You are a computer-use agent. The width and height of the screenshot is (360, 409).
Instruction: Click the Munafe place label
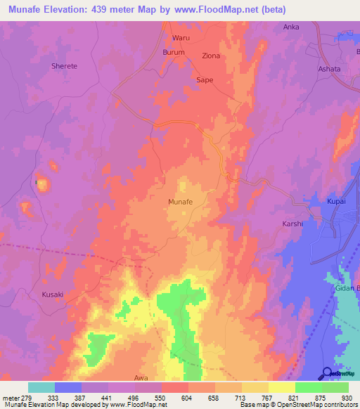pos(180,202)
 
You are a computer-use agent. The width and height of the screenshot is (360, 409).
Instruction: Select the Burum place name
pos(174,52)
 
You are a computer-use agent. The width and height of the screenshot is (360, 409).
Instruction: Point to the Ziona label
pos(210,56)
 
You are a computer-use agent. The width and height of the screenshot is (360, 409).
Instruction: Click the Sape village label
pos(204,80)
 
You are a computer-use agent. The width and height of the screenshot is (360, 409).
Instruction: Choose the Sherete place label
pos(64,66)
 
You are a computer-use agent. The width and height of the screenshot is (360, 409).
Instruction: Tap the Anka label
pos(290,27)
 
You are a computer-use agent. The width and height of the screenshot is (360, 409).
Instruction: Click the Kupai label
pos(336,202)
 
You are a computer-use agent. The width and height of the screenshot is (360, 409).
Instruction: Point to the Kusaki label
pos(53,294)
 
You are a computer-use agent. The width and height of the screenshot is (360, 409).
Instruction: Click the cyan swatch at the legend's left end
pos(41,387)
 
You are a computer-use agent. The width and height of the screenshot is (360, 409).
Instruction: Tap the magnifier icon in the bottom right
pos(327,374)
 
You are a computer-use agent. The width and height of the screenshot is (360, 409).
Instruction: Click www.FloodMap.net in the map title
pos(210,9)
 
